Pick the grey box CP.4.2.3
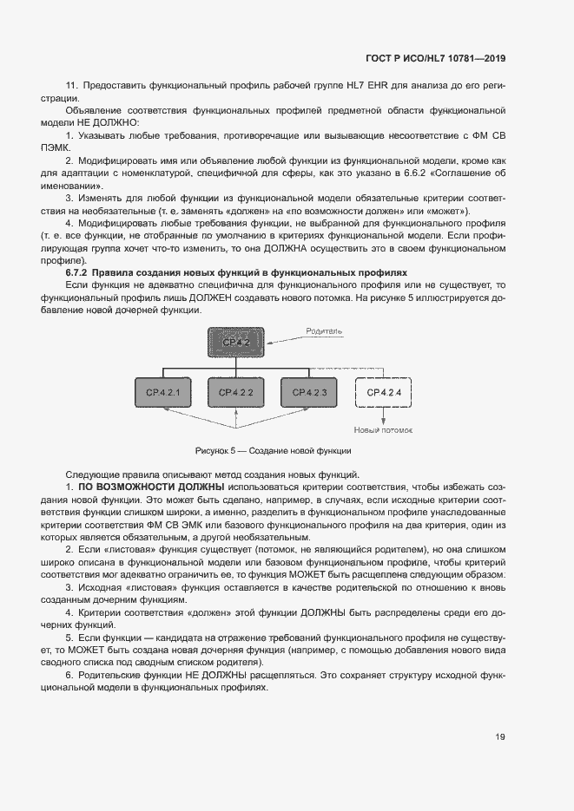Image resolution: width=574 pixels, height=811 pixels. click(x=309, y=393)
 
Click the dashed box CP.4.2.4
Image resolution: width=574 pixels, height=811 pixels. click(x=382, y=393)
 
